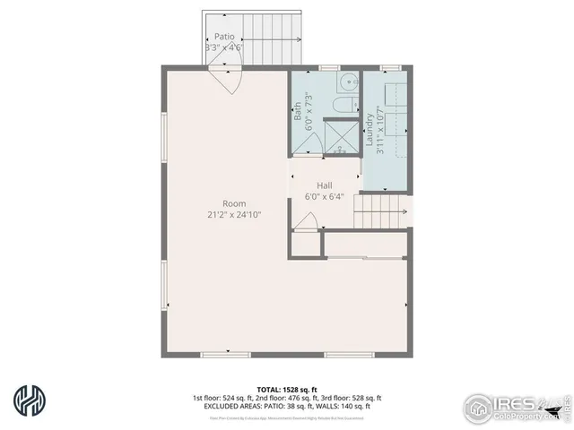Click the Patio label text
(x=223, y=37)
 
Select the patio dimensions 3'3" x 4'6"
(x=223, y=47)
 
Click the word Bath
(x=298, y=110)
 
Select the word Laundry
(x=369, y=124)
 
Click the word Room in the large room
(x=234, y=203)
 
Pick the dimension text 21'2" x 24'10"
(x=234, y=214)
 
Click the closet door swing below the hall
(x=307, y=221)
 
